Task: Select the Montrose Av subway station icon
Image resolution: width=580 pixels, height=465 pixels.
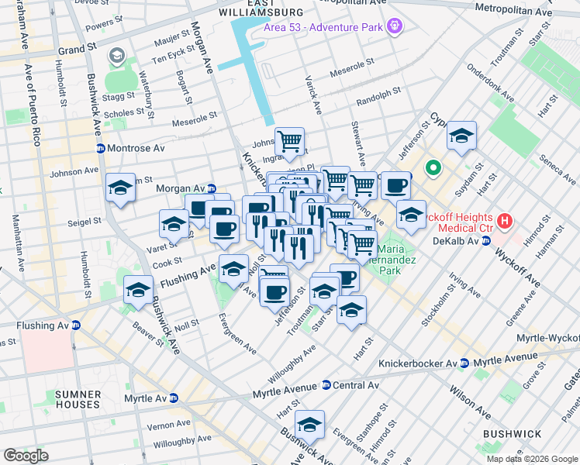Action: click(100, 148)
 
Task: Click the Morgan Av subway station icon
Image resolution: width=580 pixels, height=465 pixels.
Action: click(211, 188)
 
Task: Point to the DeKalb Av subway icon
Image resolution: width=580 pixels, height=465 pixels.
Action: click(487, 241)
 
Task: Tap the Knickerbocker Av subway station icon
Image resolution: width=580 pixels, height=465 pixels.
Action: click(464, 363)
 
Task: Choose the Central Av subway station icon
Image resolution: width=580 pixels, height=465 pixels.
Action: click(326, 385)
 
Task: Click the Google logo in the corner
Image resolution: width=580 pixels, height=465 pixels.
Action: click(26, 456)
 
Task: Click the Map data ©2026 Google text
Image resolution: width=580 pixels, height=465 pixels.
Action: click(532, 459)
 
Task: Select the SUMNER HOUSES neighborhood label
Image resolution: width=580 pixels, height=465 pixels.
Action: click(78, 400)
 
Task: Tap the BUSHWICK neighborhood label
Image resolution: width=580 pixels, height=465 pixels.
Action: click(508, 434)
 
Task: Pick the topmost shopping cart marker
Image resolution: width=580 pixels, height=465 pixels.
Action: click(289, 140)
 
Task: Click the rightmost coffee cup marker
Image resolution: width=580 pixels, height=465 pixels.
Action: click(396, 186)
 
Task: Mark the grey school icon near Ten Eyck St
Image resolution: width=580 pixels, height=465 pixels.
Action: click(117, 56)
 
